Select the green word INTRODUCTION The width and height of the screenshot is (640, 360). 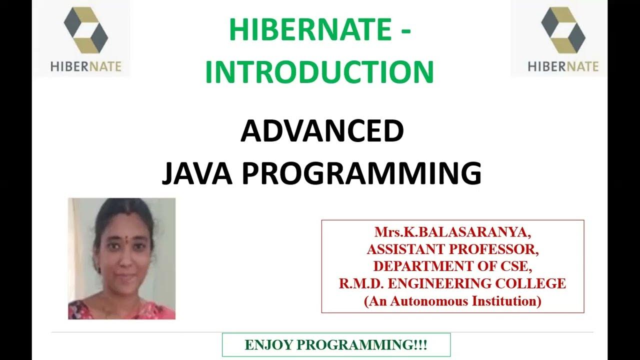[319, 71]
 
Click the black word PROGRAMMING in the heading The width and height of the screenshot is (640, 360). [360, 173]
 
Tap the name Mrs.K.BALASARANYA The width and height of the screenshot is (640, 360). [453, 232]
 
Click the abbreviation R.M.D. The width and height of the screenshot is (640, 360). [360, 284]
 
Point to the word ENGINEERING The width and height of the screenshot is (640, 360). [435, 284]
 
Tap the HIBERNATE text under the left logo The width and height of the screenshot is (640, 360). [85, 66]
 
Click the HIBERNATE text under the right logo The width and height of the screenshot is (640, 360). [563, 66]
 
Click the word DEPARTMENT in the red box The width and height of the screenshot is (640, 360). [414, 266]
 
